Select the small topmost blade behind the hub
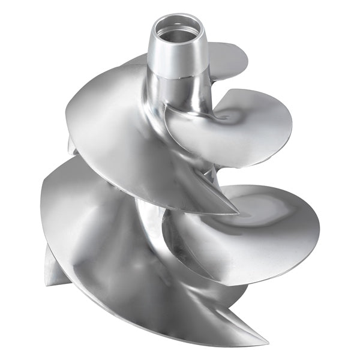point(231,57)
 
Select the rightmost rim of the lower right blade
point(318,231)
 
